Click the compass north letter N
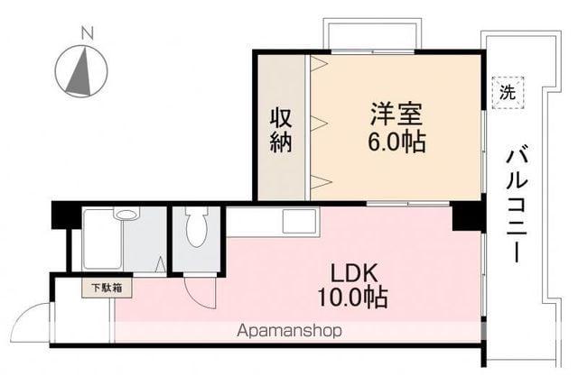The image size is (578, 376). coord(87,33)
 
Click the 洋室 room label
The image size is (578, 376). coord(395,115)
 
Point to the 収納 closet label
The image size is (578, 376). coord(281,129)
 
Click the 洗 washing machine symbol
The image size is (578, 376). coord(508,91)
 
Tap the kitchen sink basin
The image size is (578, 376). coord(299,221)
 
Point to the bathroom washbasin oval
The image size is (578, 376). coord(126,215)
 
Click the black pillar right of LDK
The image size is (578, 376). coord(467,217)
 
